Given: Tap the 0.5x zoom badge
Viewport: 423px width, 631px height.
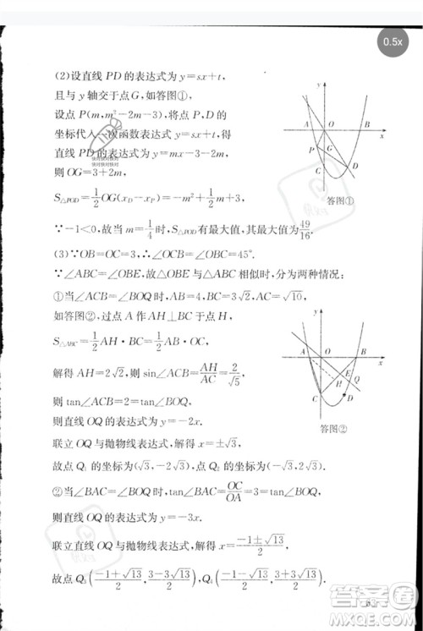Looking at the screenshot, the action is click(392, 41).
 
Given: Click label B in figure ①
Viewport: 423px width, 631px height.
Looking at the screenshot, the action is click(365, 124).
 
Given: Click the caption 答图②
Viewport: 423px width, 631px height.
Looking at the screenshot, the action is click(325, 428).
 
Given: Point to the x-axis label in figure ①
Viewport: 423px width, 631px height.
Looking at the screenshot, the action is click(382, 136).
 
